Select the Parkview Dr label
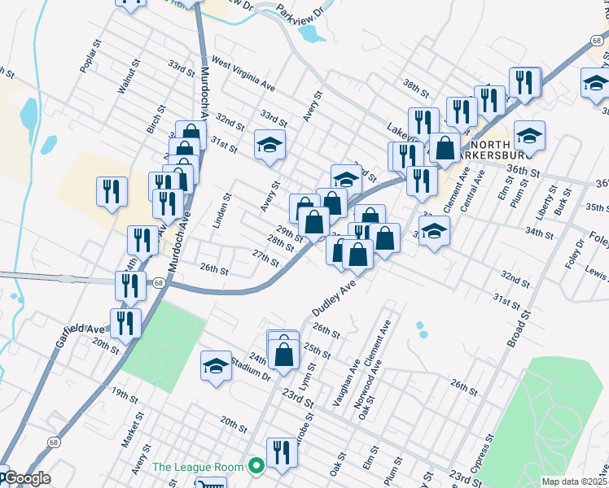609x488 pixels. [300, 11]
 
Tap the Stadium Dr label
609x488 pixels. [255, 368]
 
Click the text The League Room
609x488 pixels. [198, 467]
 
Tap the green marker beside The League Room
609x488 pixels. [256, 467]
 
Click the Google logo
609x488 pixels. [26, 479]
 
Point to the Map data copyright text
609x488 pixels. [575, 481]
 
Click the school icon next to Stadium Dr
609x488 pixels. [216, 366]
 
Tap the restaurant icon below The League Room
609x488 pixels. [282, 451]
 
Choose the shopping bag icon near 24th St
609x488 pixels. [283, 352]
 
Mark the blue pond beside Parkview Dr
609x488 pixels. [311, 33]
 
